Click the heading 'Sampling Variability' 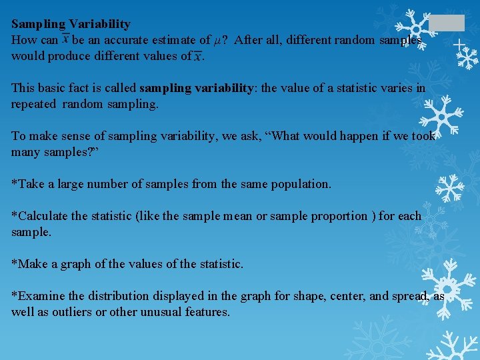coord(71,24)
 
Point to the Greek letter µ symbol coord(217,41)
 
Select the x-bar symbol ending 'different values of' coord(197,57)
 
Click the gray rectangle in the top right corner coord(446,23)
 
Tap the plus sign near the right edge coord(459,45)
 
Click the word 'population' coord(302,184)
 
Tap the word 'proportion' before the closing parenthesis coord(339,216)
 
